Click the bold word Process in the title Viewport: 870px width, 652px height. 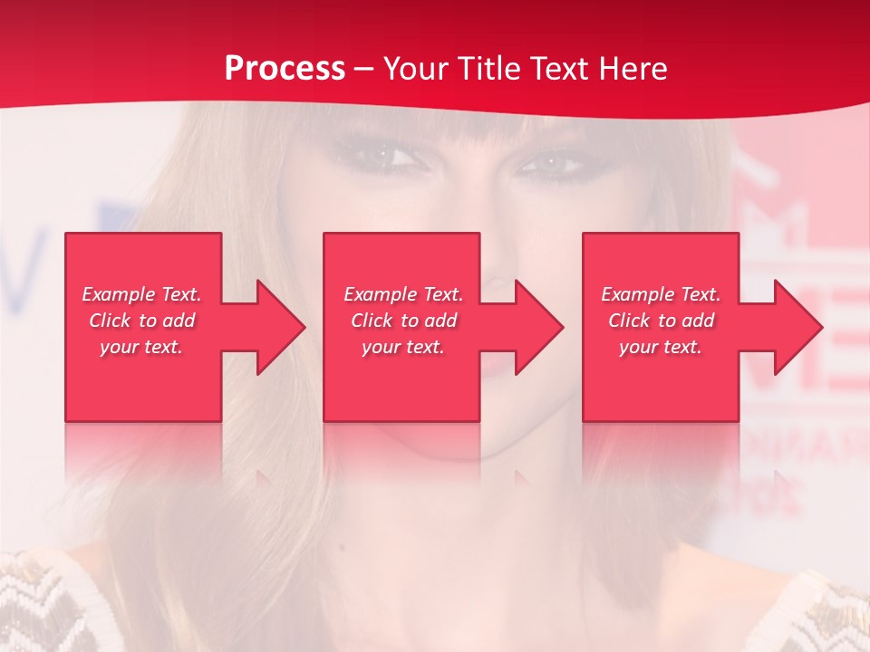pos(285,69)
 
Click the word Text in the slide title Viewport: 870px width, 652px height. pos(557,69)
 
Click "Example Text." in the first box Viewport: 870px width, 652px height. pos(141,294)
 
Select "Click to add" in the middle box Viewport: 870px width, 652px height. pos(403,321)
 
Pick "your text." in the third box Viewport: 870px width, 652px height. pos(661,347)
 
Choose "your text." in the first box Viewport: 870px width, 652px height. pos(141,347)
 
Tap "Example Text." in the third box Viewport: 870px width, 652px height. pos(661,294)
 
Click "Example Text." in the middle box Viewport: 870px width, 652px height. pos(403,294)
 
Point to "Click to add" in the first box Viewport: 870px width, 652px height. pos(141,321)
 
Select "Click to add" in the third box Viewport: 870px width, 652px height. pos(661,321)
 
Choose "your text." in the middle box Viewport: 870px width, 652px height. pos(403,347)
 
